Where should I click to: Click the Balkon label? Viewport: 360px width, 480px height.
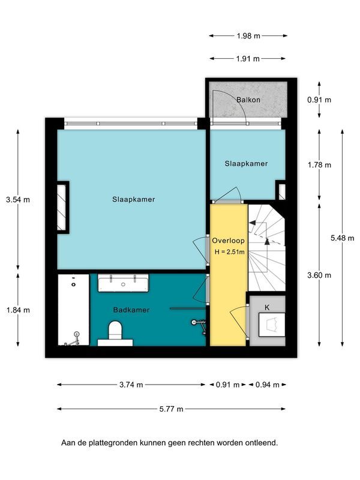248,100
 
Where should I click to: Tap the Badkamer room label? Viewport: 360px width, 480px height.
131,310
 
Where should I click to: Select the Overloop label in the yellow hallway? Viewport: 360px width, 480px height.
228,241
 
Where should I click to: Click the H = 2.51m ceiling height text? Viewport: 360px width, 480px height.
229,252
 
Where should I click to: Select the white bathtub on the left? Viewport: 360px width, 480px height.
73,310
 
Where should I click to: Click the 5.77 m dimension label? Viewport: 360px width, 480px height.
172,409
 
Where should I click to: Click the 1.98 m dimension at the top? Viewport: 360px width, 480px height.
248,36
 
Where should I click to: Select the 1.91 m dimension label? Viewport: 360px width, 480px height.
248,59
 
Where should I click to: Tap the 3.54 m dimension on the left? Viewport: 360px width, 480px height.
18,200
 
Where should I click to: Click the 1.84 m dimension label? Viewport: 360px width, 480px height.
18,310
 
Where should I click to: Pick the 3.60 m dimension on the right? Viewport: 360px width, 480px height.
319,275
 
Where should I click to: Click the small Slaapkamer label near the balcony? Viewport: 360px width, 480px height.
246,163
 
